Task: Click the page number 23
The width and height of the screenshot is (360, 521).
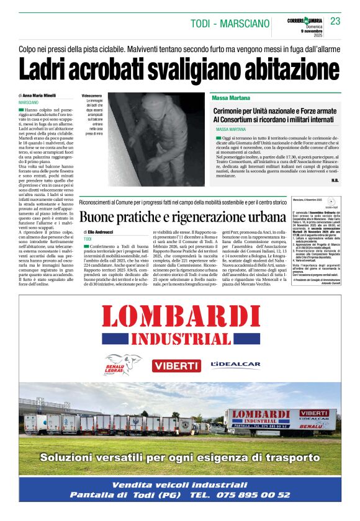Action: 335,21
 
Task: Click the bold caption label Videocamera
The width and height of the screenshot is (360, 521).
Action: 91,96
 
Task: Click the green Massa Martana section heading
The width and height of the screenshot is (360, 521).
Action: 230,98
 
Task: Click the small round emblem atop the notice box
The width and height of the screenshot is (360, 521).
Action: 331,202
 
